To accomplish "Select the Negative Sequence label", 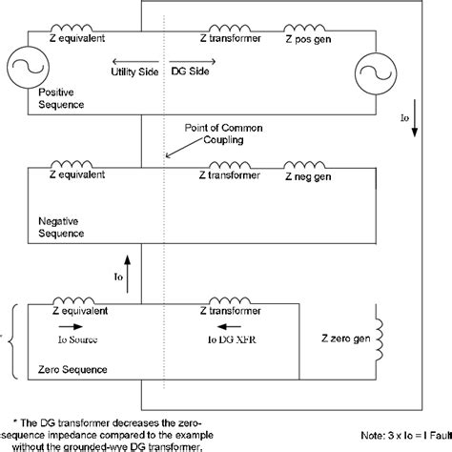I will [60, 226].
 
